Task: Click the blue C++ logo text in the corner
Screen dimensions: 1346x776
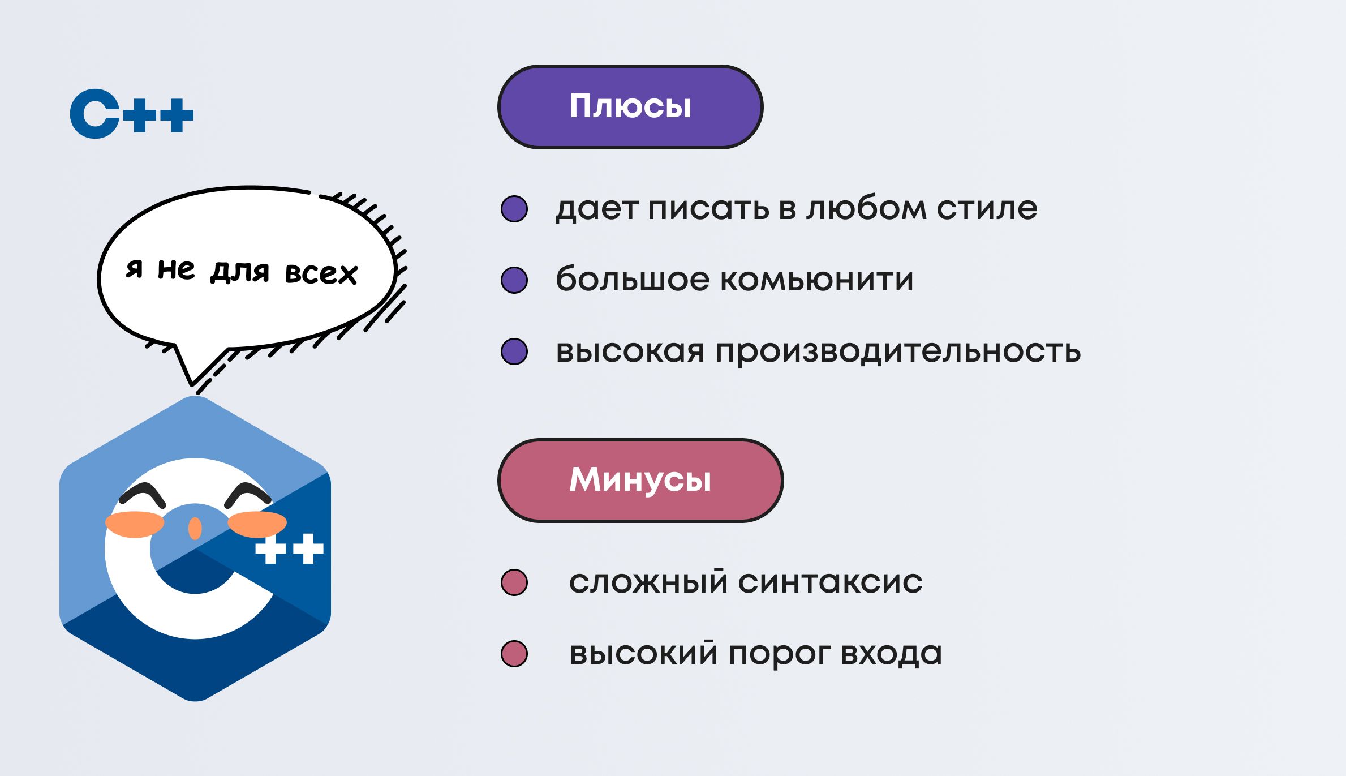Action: pos(131,114)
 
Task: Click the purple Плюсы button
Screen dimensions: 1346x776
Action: pos(630,107)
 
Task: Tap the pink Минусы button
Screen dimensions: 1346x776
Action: pos(640,480)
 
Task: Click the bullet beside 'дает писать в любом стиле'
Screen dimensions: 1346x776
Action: pos(514,209)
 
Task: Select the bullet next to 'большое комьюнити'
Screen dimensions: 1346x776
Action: pos(514,280)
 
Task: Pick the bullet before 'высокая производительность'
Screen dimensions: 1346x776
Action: pos(514,351)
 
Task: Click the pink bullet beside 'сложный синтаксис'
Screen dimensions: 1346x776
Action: pos(514,582)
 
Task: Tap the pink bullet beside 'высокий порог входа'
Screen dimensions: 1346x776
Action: pos(514,654)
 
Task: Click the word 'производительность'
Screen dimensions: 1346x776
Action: pos(898,352)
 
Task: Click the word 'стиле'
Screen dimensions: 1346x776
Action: pos(987,208)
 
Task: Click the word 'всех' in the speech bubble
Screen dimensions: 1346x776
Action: pos(321,273)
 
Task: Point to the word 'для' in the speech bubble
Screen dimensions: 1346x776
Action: pos(239,271)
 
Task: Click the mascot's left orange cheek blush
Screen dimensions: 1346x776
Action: pos(135,524)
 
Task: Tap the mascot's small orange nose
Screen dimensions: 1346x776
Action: pos(195,528)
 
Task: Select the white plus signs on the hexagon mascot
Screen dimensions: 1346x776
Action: pos(289,548)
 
